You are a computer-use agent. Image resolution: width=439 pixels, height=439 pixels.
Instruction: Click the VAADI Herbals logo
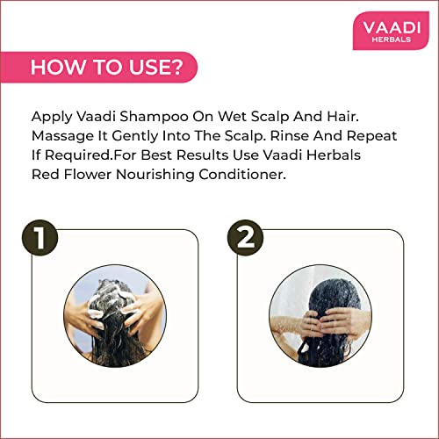[391, 31]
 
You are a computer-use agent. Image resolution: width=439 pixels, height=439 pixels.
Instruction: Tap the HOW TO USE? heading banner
[98, 67]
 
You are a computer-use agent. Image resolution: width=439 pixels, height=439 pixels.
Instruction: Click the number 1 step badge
[40, 238]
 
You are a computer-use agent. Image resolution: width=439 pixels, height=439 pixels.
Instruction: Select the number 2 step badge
[245, 238]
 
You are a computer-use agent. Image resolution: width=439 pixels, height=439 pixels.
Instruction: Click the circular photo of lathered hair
[115, 316]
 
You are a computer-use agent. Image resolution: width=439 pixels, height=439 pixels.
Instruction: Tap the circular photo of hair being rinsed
[320, 316]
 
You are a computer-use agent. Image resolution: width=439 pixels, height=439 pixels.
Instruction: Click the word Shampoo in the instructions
[154, 117]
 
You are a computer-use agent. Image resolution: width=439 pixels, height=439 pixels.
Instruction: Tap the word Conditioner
[242, 175]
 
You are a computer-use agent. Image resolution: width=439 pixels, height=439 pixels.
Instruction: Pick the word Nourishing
[155, 176]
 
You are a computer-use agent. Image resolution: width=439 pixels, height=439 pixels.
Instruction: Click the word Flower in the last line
[88, 175]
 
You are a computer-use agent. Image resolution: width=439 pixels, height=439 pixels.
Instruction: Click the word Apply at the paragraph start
[52, 117]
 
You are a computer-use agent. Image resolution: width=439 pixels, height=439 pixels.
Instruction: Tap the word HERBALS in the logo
[392, 40]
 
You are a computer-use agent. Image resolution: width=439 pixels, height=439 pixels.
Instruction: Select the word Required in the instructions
[78, 155]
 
